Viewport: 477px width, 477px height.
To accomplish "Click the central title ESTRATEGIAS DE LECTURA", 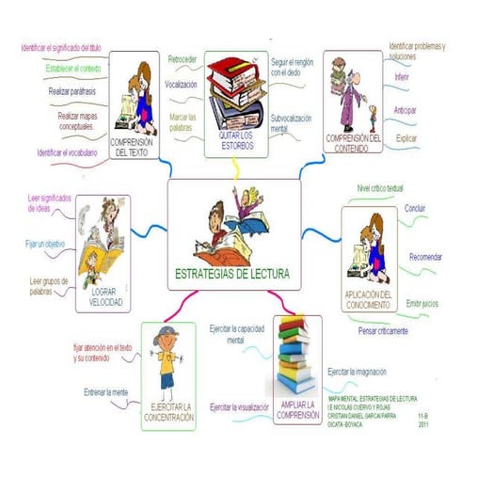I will pyautogui.click(x=232, y=275).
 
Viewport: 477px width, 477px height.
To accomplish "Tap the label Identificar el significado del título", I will pyautogui.click(x=59, y=46).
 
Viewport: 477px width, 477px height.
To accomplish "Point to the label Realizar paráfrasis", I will pyautogui.click(x=74, y=92).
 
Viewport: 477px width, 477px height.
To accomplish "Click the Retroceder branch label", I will pyautogui.click(x=182, y=59).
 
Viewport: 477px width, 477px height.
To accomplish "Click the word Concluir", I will pyautogui.click(x=415, y=207).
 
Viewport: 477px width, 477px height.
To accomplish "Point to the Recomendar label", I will pyautogui.click(x=428, y=256).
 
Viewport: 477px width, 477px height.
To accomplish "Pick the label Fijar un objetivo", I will pyautogui.click(x=44, y=244).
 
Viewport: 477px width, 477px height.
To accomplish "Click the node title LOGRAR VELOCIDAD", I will pyautogui.click(x=104, y=297).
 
